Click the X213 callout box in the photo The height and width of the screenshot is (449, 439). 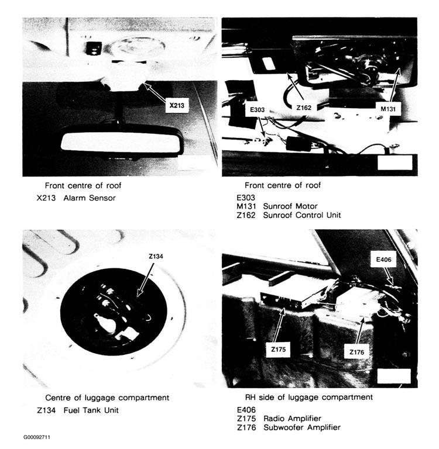click(176, 106)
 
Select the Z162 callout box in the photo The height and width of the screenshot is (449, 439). click(303, 108)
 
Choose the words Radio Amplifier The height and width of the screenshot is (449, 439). click(293, 419)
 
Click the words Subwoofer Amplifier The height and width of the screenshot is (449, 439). click(304, 427)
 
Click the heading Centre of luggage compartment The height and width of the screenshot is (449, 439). click(107, 398)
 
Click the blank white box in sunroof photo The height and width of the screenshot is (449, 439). click(395, 162)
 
